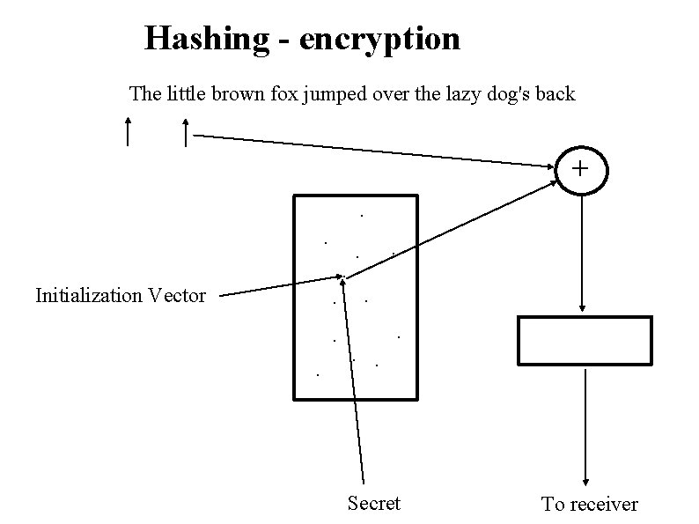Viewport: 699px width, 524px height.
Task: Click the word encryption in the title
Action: [x=379, y=39]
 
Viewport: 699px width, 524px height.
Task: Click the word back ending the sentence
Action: [x=555, y=93]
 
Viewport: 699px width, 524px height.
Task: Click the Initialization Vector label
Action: [x=121, y=295]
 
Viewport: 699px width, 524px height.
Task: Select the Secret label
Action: [x=373, y=503]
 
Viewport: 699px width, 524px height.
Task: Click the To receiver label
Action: [x=589, y=504]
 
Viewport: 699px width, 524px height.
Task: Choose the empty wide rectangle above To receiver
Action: [x=585, y=340]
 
